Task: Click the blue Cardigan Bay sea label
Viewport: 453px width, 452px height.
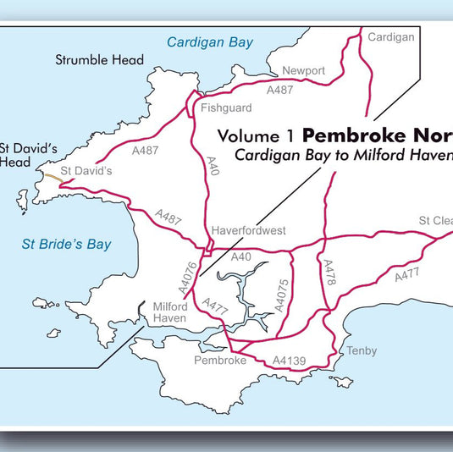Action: pos(210,42)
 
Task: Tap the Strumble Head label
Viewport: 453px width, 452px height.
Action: pos(99,60)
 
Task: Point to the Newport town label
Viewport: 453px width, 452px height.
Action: pos(304,71)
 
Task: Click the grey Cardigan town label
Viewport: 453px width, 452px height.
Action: pos(392,37)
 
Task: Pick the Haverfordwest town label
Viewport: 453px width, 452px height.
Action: pos(249,230)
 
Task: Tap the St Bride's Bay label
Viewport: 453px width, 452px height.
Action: pos(66,245)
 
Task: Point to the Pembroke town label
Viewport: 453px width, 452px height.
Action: pos(219,360)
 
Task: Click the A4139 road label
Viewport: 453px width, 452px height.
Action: pos(290,361)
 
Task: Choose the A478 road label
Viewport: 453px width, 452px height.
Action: pos(329,277)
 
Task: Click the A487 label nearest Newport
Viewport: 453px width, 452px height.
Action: pos(280,89)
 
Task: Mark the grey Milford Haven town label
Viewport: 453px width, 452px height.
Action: pos(169,312)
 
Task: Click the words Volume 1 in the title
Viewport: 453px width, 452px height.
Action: pos(257,135)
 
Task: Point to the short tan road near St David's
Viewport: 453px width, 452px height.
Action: pos(52,177)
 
